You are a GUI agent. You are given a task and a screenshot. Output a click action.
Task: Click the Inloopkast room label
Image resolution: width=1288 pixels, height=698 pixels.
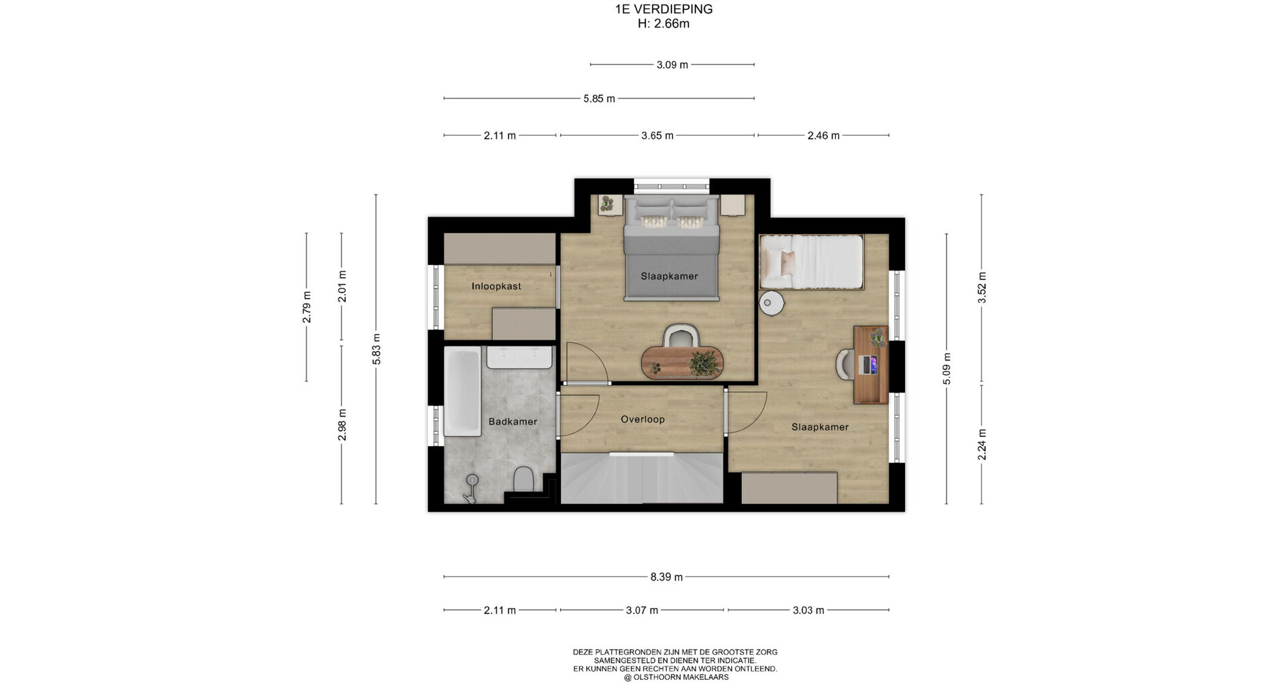point(496,287)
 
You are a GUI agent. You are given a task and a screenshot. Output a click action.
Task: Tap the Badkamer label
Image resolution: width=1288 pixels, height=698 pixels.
point(513,422)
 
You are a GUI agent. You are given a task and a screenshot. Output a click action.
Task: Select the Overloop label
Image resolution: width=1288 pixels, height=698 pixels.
point(643,419)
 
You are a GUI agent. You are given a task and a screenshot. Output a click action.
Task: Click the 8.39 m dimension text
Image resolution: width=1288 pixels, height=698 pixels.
point(666,577)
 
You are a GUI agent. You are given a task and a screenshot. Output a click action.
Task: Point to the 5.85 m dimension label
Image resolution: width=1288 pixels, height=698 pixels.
point(599,99)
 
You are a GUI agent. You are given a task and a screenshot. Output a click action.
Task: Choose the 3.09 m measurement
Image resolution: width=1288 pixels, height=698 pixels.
point(672,65)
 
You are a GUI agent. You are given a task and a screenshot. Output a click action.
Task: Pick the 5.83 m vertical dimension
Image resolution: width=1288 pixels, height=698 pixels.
point(376,350)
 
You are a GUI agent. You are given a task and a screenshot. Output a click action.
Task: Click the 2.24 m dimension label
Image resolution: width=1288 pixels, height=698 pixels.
point(981,445)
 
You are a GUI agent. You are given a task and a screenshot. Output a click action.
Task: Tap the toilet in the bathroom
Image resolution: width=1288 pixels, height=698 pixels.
point(523,480)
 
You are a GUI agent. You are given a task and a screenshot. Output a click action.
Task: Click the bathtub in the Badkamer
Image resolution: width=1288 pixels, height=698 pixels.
point(462,392)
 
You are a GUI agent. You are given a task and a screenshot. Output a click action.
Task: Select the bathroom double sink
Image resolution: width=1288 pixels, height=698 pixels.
point(519,358)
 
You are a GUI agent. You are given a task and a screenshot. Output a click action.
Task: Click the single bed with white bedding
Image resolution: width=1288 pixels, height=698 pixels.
point(811,262)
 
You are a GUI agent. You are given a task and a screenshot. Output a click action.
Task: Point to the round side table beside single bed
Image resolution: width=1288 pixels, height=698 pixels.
point(771,303)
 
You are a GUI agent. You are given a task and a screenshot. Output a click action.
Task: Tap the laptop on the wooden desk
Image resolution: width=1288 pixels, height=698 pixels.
point(869,364)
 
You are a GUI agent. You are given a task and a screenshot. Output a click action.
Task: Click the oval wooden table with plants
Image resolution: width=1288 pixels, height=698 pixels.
point(682,362)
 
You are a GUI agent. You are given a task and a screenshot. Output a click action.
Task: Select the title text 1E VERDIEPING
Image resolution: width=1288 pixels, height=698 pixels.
point(663,9)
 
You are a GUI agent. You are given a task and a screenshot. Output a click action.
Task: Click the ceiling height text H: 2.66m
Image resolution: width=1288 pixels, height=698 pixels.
point(663,24)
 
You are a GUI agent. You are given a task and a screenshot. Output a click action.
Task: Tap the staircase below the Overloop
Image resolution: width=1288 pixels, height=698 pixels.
point(642,478)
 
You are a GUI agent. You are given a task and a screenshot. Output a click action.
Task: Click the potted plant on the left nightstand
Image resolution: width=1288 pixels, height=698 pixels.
point(608,204)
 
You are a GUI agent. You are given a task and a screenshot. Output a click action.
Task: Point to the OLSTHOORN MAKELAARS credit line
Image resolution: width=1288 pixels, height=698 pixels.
point(676,677)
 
